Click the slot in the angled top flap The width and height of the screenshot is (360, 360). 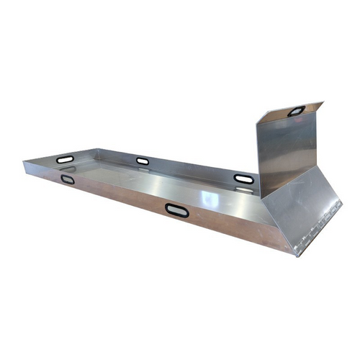point(296,111)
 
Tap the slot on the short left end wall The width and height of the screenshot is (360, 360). point(65,159)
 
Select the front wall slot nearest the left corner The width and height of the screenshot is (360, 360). point(68,179)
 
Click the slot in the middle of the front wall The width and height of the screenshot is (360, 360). point(176,210)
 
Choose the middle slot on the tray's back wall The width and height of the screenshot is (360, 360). point(143,161)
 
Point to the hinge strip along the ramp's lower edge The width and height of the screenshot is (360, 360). point(317,223)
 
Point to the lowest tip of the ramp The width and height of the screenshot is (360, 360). point(295,254)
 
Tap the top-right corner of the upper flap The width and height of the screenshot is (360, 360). point(323,103)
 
